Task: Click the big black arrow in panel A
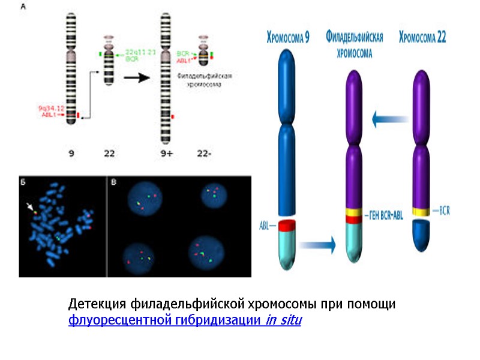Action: [x=136, y=78]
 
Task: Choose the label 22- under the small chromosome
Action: [x=205, y=154]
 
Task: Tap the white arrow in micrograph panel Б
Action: [x=30, y=208]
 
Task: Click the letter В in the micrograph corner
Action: [x=113, y=181]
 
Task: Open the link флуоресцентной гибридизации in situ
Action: [x=185, y=320]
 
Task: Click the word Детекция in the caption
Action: [x=95, y=304]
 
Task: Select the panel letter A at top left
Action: [x=23, y=8]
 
